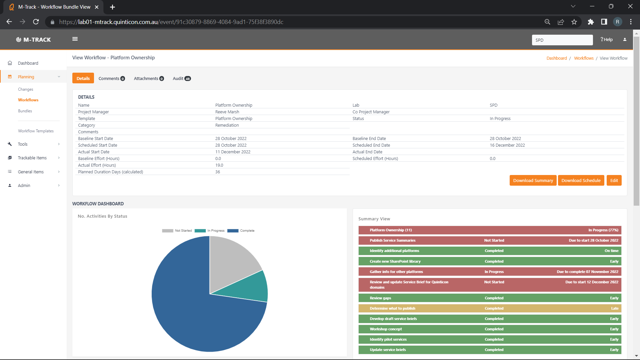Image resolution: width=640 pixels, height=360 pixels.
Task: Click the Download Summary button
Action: [533, 180]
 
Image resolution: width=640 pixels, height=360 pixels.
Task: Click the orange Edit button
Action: [614, 180]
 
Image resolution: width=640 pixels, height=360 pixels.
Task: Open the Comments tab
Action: [111, 78]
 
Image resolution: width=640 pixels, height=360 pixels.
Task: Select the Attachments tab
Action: [149, 78]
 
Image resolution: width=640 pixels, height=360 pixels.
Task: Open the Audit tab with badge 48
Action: [181, 78]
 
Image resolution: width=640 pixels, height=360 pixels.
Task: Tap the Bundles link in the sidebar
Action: [25, 111]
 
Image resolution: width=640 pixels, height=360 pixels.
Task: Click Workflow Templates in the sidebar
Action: [36, 131]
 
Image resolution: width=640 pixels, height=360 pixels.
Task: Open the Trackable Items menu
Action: [32, 158]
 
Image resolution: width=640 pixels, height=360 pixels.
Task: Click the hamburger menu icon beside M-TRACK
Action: [75, 39]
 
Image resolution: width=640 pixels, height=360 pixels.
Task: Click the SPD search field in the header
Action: [562, 40]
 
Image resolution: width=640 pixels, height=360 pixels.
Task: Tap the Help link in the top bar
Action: [606, 39]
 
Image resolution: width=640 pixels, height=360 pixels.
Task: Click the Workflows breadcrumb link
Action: [583, 58]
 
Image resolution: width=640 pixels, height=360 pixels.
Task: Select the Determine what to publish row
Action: [489, 308]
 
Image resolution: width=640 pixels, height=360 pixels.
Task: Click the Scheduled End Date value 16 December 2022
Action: [507, 145]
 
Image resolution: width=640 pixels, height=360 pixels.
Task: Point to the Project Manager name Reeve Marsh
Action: [227, 112]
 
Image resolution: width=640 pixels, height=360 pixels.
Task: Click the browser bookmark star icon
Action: [574, 22]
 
